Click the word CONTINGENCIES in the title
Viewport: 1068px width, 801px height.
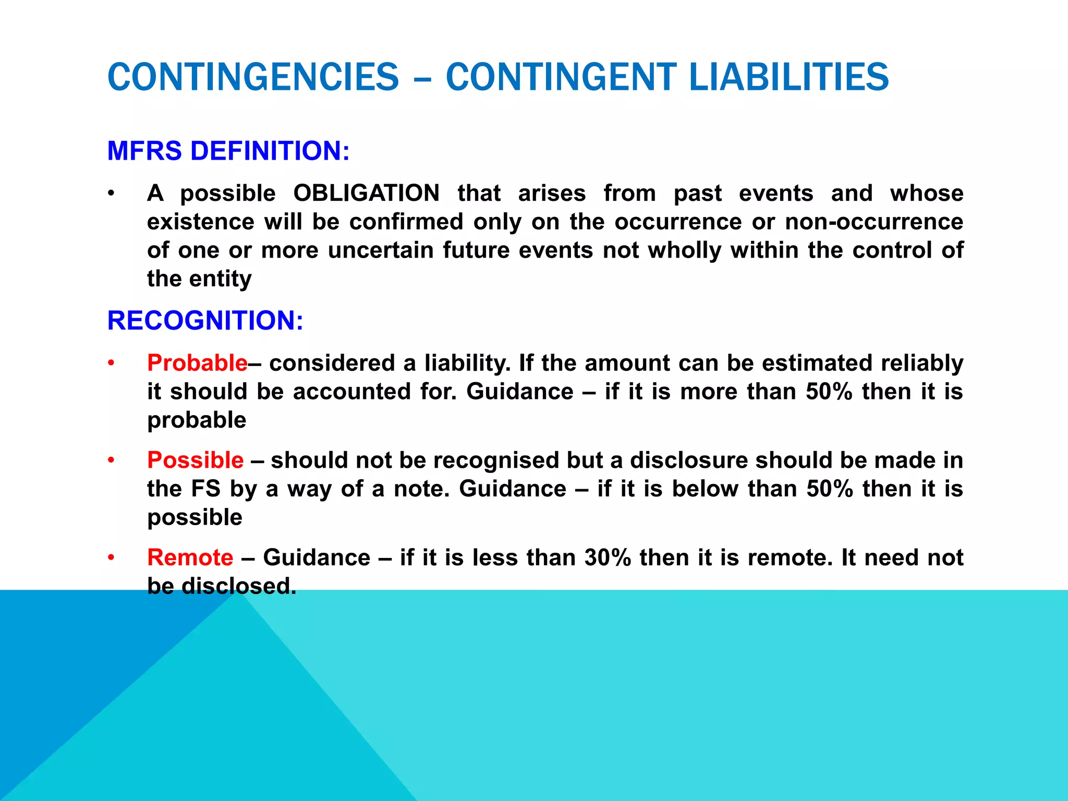pyautogui.click(x=253, y=77)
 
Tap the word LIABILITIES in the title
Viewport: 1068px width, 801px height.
pyautogui.click(x=788, y=77)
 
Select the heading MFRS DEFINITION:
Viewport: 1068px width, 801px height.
pyautogui.click(x=228, y=151)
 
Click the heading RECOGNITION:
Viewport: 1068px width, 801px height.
pyautogui.click(x=205, y=320)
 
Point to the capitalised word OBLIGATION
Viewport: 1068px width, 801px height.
pyautogui.click(x=366, y=193)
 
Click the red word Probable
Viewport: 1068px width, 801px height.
pyautogui.click(x=197, y=363)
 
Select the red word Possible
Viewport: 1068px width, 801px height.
pyautogui.click(x=195, y=460)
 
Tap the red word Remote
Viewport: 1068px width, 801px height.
pyautogui.click(x=190, y=557)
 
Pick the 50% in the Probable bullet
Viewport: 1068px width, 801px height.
pyautogui.click(x=829, y=392)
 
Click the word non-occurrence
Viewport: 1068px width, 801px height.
pyautogui.click(x=874, y=222)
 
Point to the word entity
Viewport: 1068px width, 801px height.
pyautogui.click(x=220, y=279)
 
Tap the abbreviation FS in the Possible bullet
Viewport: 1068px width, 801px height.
pyautogui.click(x=206, y=489)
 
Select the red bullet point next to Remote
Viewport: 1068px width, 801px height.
pyautogui.click(x=111, y=558)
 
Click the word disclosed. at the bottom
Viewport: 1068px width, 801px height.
pyautogui.click(x=238, y=586)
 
